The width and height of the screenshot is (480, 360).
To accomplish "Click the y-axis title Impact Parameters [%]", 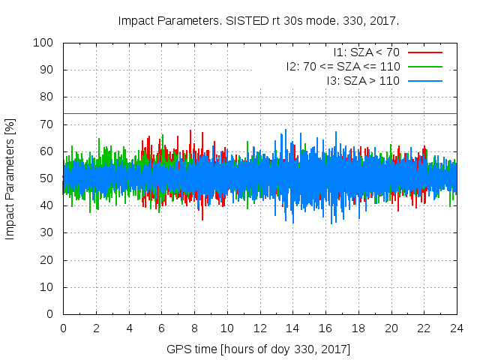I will [x=10, y=178].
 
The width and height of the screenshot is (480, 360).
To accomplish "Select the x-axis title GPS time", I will [x=259, y=349].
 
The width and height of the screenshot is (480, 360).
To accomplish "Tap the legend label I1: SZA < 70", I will [x=366, y=52].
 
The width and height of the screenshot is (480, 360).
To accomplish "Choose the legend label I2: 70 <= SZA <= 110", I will [x=343, y=66].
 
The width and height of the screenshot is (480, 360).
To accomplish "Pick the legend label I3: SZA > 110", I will [x=363, y=80].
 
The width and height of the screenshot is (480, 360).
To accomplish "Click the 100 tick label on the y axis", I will [x=43, y=43].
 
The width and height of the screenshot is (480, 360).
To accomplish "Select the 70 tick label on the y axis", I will [x=46, y=124].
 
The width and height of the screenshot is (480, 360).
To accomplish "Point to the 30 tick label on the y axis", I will [x=46, y=232].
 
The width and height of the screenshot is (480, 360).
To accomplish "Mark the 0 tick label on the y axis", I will [x=49, y=314].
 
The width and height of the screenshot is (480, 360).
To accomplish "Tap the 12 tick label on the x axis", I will [x=259, y=328].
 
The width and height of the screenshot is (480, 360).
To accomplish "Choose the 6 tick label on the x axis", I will [x=161, y=328].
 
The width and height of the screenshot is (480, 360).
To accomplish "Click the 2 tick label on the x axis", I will [x=96, y=328].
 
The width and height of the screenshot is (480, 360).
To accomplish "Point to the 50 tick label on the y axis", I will [x=46, y=178].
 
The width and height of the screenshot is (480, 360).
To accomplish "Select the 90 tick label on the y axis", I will [x=46, y=70].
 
